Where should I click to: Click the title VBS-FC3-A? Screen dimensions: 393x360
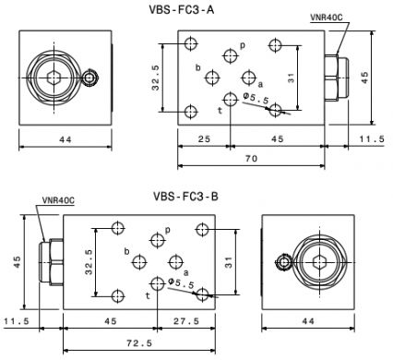(182, 10)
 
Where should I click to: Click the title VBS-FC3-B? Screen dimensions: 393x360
(185, 196)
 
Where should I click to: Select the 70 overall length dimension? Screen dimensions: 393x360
(251, 159)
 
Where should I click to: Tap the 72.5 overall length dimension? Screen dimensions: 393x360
(139, 343)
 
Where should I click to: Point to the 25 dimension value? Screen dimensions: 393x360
(204, 139)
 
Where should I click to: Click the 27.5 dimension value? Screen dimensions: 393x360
(186, 321)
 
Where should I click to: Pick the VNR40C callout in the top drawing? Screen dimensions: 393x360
(326, 18)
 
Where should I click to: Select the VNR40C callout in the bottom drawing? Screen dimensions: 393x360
(58, 200)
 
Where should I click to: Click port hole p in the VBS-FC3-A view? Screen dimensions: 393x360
(231, 56)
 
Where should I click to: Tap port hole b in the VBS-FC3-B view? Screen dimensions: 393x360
(139, 262)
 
